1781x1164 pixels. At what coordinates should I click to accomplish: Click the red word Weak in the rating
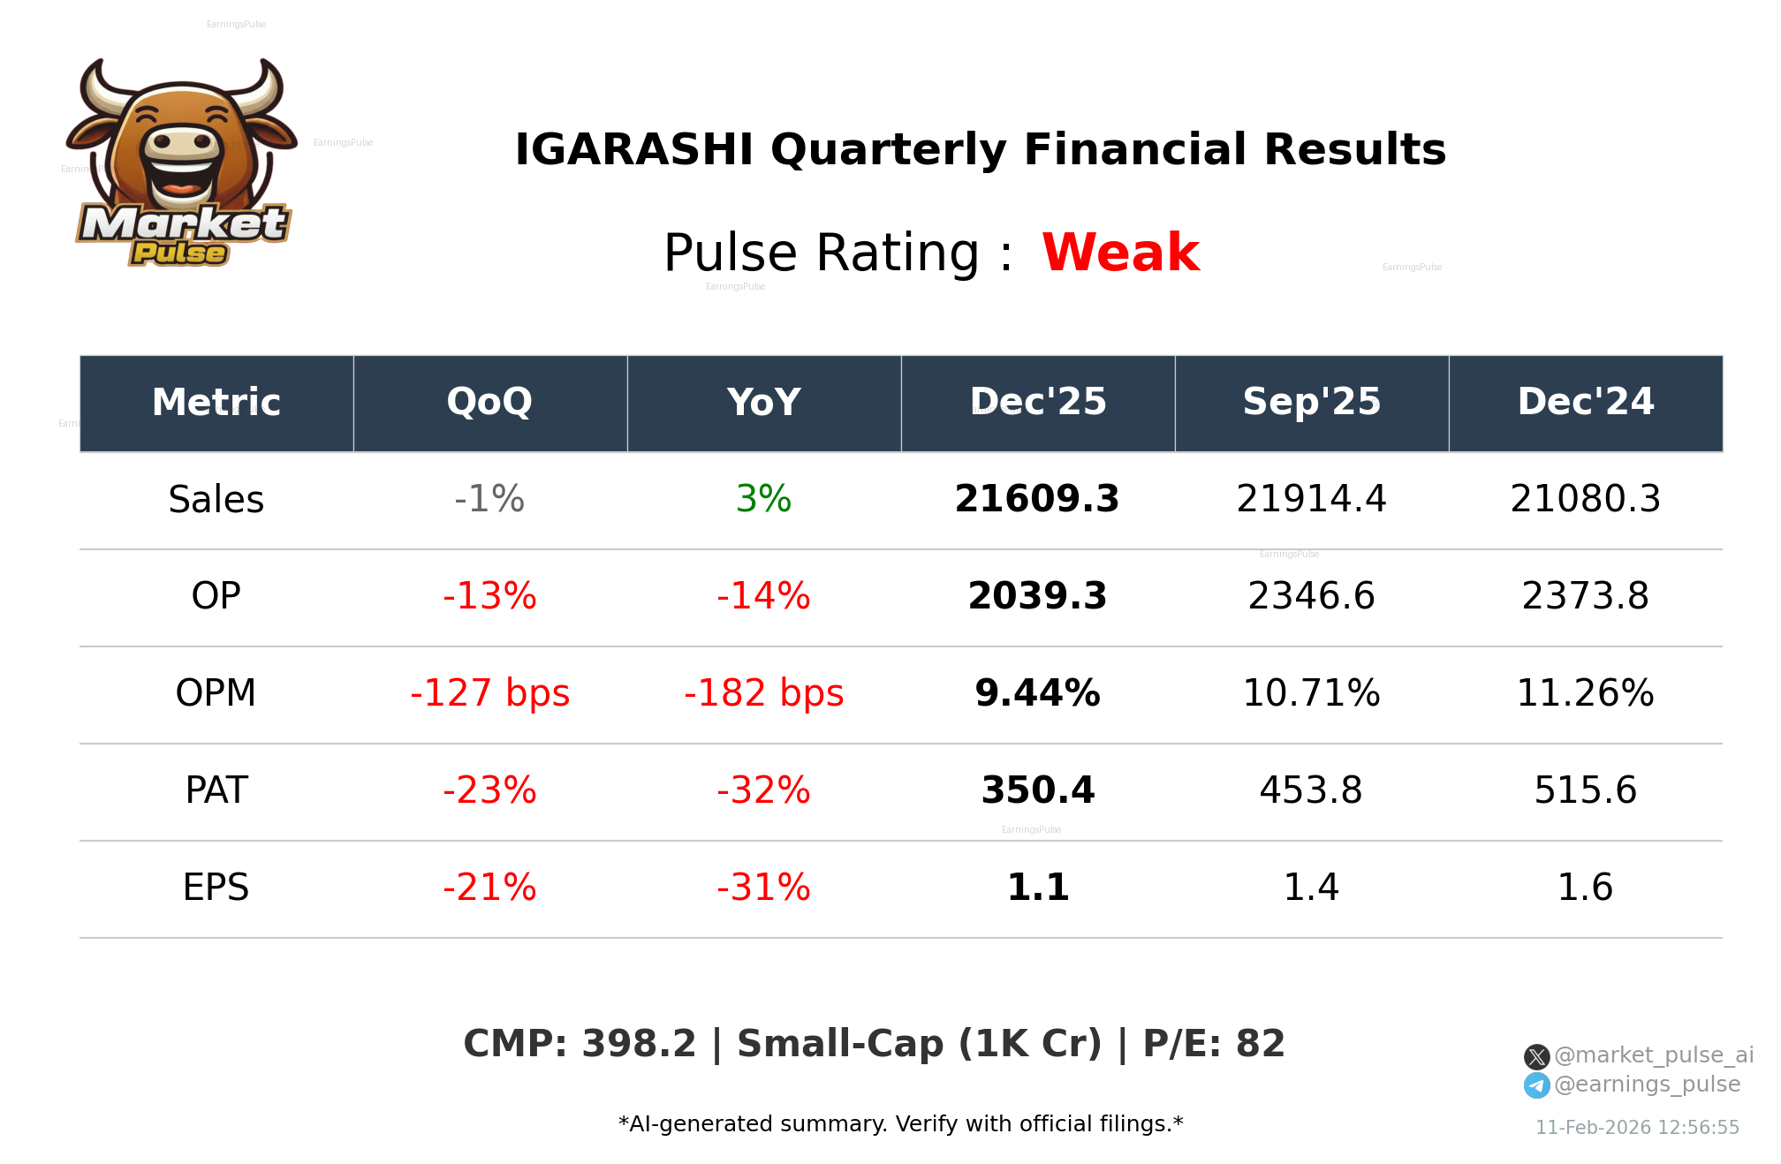coord(1120,253)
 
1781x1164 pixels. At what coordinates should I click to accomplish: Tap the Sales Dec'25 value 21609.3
coord(1037,499)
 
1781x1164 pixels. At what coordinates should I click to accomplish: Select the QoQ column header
coord(489,403)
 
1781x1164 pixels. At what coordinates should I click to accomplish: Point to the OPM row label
coord(216,693)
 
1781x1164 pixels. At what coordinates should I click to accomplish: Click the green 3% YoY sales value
coord(763,499)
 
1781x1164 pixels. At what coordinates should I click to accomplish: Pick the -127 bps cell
coord(489,693)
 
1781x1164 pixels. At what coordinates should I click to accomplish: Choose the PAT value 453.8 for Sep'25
coord(1311,790)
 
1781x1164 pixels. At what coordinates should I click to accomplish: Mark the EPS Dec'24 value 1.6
coord(1585,888)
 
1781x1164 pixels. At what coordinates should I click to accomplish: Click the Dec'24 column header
coord(1585,403)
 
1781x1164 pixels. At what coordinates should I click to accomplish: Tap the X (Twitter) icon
coord(1537,1056)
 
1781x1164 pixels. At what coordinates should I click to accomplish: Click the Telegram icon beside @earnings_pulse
coord(1537,1085)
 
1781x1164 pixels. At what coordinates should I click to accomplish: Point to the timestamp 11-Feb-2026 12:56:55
coord(1637,1128)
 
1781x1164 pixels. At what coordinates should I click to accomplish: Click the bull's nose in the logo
coord(183,143)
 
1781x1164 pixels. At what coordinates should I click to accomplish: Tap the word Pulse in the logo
coord(179,253)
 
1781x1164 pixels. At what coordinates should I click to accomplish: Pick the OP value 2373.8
coord(1585,596)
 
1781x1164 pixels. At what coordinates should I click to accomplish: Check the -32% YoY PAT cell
coord(763,790)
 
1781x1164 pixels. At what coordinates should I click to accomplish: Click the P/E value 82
coord(1260,1044)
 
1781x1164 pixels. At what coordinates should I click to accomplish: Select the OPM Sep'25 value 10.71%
coord(1311,693)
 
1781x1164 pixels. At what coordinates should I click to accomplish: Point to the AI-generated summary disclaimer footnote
coord(900,1124)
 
